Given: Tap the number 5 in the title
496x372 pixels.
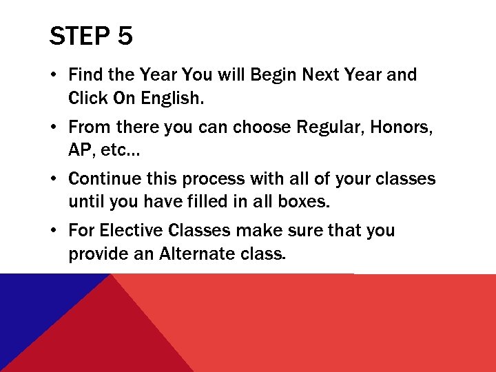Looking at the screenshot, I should coord(125,36).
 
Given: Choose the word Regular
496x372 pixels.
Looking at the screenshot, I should coord(329,127).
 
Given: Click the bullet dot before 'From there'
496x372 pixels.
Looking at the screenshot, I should coord(55,127).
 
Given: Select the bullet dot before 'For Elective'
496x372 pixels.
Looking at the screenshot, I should coord(55,231).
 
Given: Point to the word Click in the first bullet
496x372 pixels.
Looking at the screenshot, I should coord(87,98).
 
